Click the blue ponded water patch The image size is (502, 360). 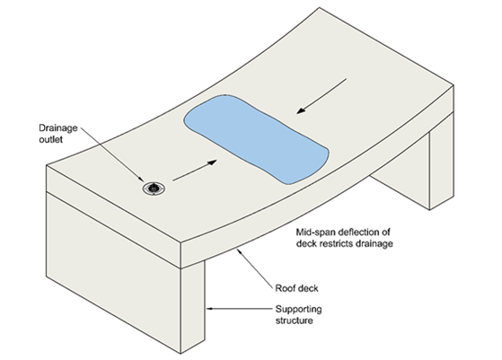256,139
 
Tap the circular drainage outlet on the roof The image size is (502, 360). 154,189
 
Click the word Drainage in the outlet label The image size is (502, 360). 58,128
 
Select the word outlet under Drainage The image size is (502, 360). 50,139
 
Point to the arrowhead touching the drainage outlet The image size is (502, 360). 141,180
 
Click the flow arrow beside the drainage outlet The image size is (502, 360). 195,171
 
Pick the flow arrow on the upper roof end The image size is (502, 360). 321,96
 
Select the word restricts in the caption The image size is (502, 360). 332,243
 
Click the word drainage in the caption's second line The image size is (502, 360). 372,244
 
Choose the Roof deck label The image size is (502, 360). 296,288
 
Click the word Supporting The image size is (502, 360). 299,310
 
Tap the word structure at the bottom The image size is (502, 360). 295,320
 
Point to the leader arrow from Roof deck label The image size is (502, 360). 255,267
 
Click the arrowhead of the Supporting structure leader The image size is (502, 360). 208,309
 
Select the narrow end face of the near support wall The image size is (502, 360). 193,308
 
